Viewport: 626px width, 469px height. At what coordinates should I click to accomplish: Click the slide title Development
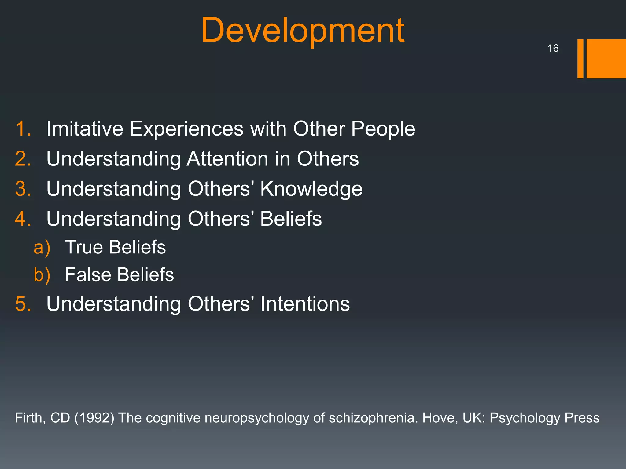coord(303,31)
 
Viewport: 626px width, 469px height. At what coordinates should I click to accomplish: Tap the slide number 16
coord(553,48)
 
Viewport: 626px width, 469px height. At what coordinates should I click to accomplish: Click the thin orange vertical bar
coord(580,59)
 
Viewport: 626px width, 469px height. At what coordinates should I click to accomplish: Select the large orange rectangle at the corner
coord(606,59)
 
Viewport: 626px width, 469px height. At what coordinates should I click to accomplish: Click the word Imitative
coord(85,129)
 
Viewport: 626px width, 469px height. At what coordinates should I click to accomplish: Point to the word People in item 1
coord(383,129)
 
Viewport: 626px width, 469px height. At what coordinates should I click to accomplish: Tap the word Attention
coord(227,159)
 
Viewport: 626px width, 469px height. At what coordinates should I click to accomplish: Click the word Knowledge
coord(311,189)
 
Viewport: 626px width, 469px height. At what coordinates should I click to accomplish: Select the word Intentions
coord(305,304)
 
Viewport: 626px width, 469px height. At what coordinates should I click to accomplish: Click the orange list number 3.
coord(23,189)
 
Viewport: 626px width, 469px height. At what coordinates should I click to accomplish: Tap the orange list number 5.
coord(23,304)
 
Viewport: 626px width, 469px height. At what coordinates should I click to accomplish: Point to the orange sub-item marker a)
coord(42,247)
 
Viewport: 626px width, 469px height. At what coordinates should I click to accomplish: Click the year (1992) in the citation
coord(94,418)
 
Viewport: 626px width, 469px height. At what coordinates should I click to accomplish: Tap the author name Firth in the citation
coord(30,418)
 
